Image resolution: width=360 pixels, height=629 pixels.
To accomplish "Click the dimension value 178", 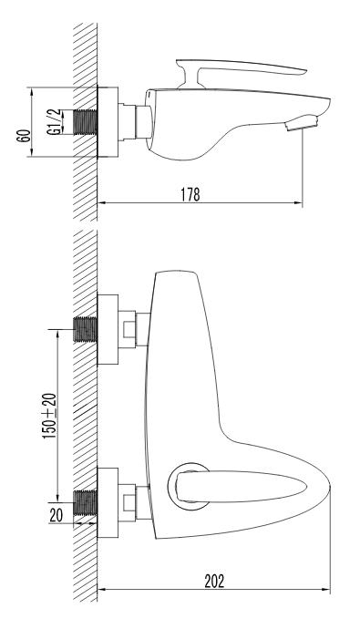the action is pos(190,194).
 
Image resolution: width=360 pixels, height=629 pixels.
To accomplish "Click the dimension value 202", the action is pos(214,581).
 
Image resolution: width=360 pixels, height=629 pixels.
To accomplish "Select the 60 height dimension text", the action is pos(25,136).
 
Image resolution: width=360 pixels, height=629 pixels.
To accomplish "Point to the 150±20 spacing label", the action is pos(50,415).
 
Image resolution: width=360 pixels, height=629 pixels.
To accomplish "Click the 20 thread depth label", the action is pos(57,515).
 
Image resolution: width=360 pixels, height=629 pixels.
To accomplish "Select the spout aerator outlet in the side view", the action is pos(301,123).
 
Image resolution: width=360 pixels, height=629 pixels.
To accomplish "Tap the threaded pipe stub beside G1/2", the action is pos(86,122).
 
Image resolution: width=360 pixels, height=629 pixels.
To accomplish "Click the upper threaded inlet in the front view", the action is pos(86,329).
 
